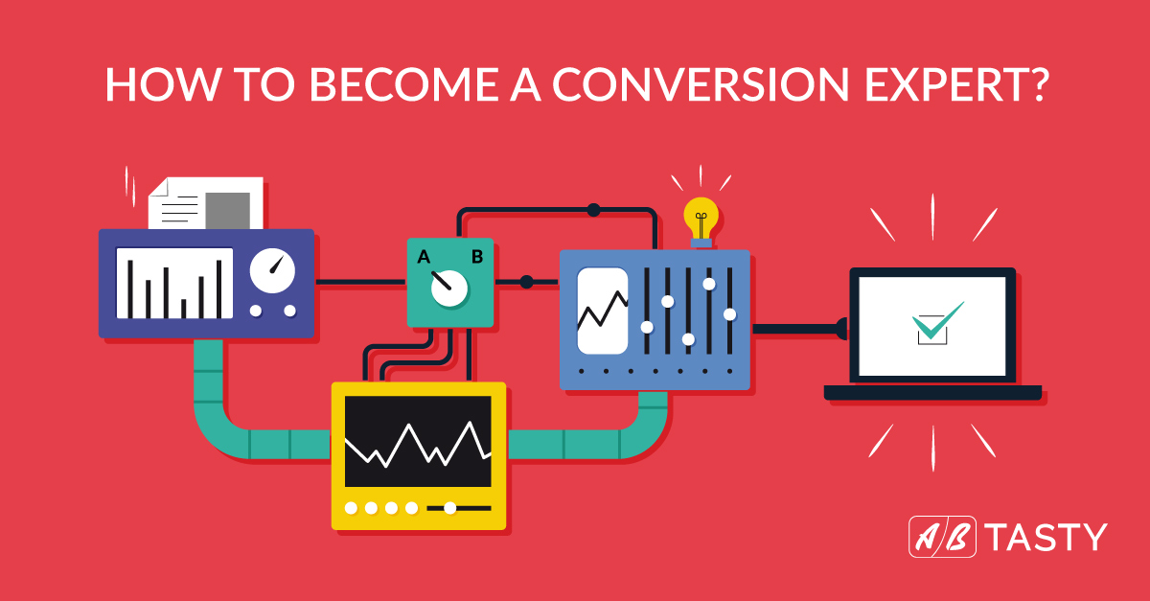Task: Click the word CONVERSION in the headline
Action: [701, 83]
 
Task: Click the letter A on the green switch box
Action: [424, 256]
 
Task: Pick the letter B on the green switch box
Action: [477, 256]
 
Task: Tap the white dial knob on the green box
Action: [449, 289]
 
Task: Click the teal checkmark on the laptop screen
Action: [937, 320]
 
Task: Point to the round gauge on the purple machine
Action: [272, 270]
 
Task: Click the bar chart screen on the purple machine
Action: [174, 283]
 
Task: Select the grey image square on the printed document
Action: [227, 211]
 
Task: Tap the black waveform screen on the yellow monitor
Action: [418, 441]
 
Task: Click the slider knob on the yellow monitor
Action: [449, 508]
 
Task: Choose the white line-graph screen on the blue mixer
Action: [603, 311]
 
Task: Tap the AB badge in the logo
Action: [942, 537]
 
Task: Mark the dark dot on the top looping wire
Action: [593, 210]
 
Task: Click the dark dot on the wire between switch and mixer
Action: [526, 282]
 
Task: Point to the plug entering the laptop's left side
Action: [842, 329]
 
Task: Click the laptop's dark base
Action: [932, 392]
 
